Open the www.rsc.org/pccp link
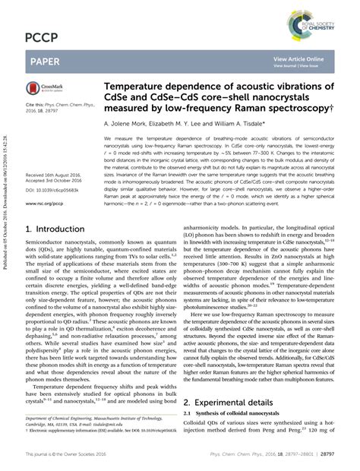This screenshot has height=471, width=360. point(45,204)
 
